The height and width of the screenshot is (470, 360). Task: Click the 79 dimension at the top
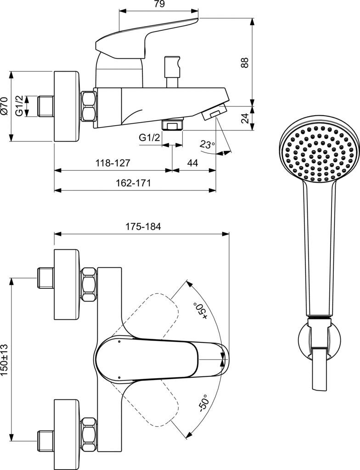point(159,4)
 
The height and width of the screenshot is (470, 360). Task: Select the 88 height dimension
point(245,62)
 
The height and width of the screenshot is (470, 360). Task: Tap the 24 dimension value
point(245,118)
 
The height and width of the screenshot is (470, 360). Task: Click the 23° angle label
point(207,145)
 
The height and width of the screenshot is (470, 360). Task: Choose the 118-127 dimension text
point(113,163)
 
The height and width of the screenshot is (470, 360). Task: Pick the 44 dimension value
point(192,163)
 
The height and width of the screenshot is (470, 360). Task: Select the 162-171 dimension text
point(133,183)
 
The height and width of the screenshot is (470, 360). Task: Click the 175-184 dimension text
point(143,227)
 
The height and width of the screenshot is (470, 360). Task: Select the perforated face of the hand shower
point(318,153)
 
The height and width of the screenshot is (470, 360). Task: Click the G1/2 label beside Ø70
point(19,106)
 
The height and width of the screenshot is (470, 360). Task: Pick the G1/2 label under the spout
point(149,138)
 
